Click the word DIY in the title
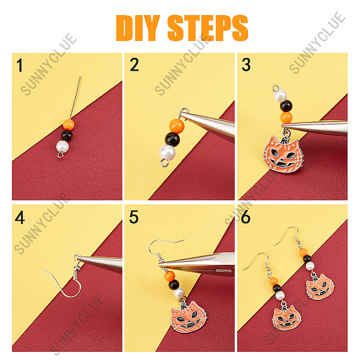[138, 28]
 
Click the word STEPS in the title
[208, 28]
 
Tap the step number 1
[20, 65]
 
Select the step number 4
[20, 217]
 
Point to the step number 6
[246, 217]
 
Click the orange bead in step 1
[69, 124]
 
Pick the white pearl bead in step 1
[62, 147]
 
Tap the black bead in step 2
[172, 139]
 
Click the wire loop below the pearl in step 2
[164, 163]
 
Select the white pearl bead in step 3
[281, 96]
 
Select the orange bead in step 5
[170, 276]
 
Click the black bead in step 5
[174, 285]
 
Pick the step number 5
[134, 217]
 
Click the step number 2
[135, 65]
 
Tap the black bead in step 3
[286, 106]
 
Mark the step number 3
[246, 65]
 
